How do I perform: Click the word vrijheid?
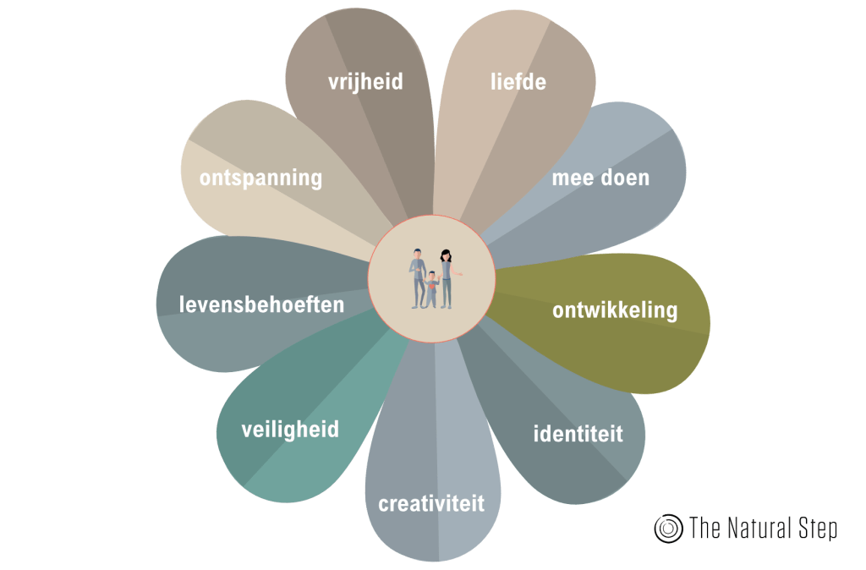coord(365,82)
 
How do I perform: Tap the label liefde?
coord(518,82)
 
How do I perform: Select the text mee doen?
coord(600,178)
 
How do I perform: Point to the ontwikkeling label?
coord(615,310)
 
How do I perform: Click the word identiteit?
coord(578,435)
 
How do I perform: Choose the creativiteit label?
coord(431,504)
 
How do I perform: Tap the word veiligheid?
coord(290,430)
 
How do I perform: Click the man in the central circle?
coord(418,277)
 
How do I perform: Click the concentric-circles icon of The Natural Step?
coord(668,529)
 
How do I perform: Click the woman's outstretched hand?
coord(462,272)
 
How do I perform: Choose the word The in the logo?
coord(704,529)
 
